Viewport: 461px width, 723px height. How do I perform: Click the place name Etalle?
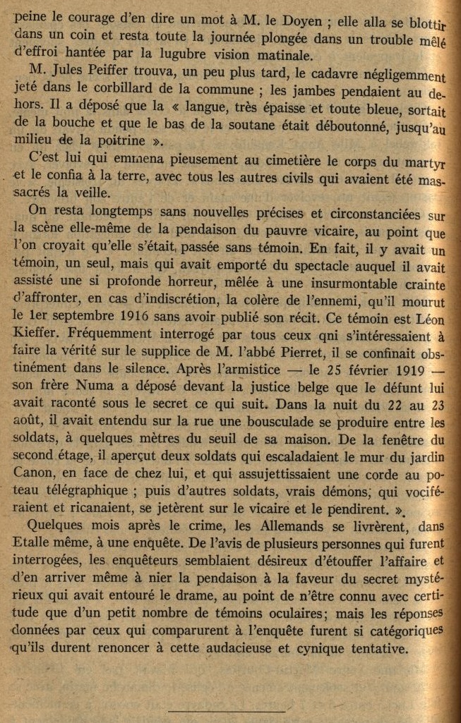32,543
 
